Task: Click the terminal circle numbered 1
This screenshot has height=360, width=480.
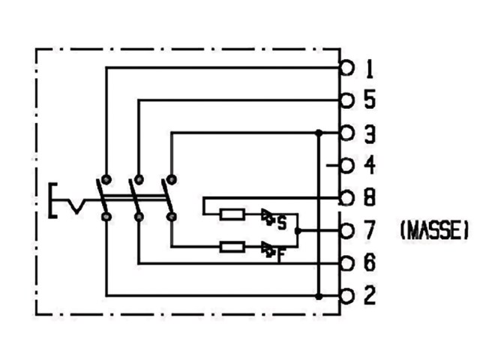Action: click(346, 67)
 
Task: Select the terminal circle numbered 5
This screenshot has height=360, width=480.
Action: click(346, 100)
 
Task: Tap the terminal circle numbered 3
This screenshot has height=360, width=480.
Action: click(346, 133)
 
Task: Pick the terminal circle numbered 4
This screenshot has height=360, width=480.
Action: click(346, 166)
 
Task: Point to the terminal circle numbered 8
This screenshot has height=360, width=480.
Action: click(346, 198)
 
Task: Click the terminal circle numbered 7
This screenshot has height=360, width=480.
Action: click(346, 231)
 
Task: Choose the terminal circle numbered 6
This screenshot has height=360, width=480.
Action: click(346, 263)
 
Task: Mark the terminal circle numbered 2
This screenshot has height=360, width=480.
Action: click(346, 296)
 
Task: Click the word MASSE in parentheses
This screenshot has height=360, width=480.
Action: click(434, 230)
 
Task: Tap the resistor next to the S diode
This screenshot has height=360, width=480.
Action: click(232, 214)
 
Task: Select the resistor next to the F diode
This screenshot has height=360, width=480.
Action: click(232, 247)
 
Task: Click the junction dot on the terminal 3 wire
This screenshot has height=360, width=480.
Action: click(319, 133)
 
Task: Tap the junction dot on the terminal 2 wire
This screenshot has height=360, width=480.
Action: click(319, 296)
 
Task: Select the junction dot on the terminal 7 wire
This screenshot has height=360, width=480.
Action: click(298, 231)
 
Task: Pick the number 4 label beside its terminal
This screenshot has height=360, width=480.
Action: click(370, 165)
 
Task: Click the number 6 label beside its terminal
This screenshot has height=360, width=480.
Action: click(370, 262)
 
